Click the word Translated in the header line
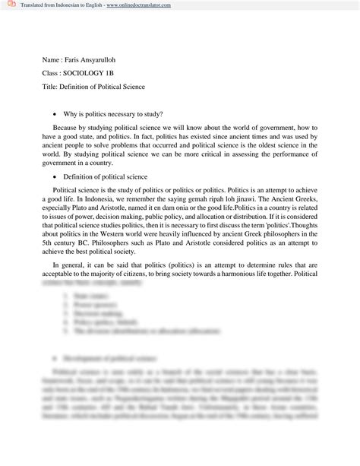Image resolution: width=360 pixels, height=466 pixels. point(34,5)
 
